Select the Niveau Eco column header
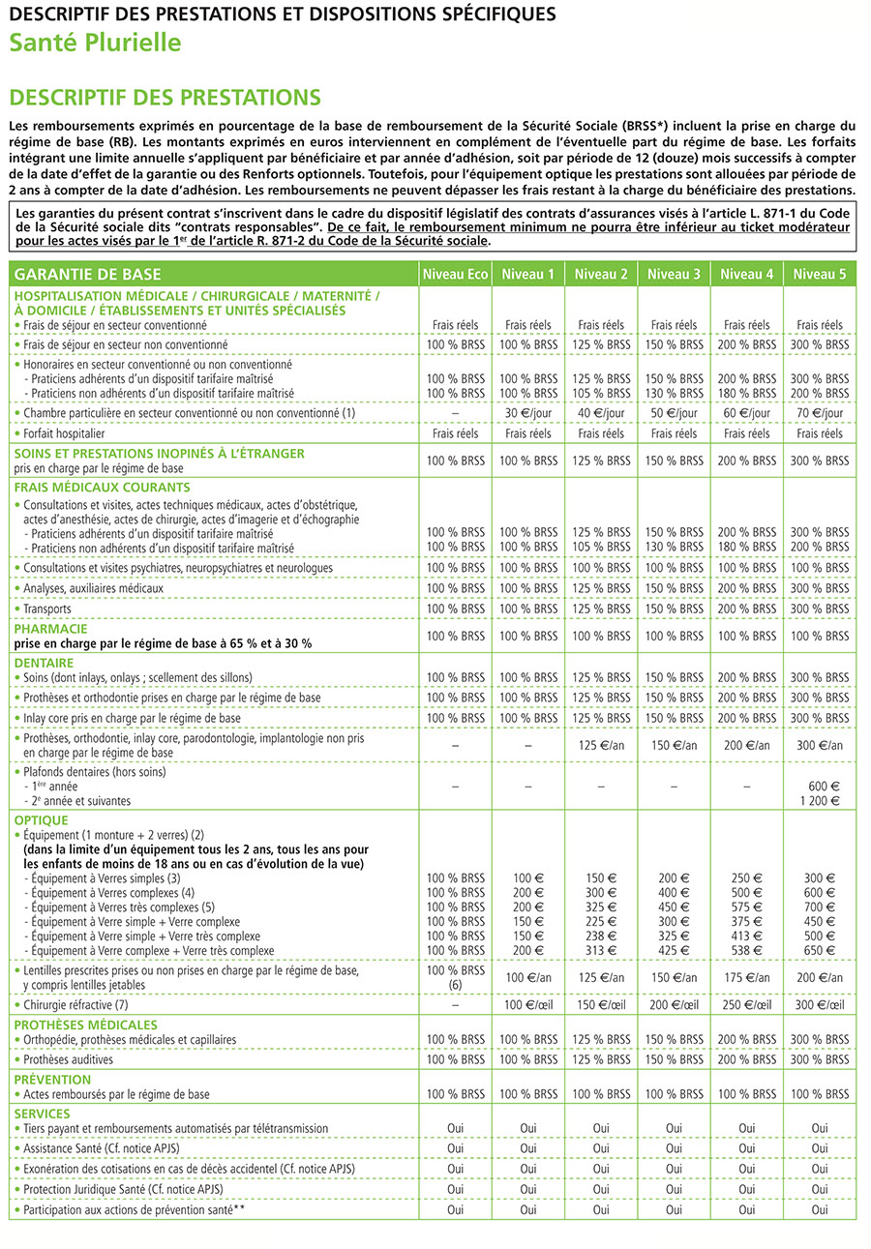coord(455,274)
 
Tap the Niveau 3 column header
coord(674,274)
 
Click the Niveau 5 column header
coord(820,274)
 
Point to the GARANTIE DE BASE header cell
coord(88,274)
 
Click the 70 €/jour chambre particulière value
coord(820,413)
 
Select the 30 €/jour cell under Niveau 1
coord(528,413)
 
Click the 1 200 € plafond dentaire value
coord(820,801)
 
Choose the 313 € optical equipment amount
coord(601,950)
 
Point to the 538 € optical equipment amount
coord(747,950)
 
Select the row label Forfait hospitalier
coord(64,433)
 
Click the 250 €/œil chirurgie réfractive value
coord(747,1005)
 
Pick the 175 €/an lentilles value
coord(747,977)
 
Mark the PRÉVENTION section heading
coord(52,1079)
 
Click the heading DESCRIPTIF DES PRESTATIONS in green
coord(164,97)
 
